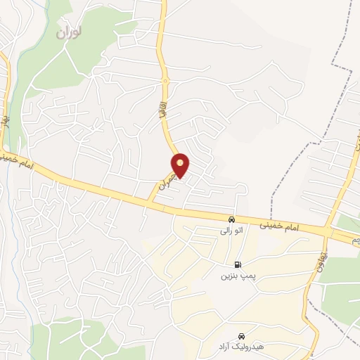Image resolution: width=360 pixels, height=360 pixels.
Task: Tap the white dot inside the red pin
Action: pyautogui.click(x=181, y=163)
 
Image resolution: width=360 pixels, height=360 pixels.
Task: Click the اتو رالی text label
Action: pyautogui.click(x=231, y=230)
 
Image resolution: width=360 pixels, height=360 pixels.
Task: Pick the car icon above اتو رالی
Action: pyautogui.click(x=231, y=219)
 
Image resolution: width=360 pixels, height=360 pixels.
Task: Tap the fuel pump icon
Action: pyautogui.click(x=238, y=264)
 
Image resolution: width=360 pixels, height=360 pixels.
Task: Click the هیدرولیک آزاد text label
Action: pyautogui.click(x=242, y=347)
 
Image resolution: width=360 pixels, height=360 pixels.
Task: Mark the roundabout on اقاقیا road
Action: pyautogui.click(x=165, y=82)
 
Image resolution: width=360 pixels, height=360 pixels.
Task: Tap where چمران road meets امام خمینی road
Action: pyautogui.click(x=152, y=202)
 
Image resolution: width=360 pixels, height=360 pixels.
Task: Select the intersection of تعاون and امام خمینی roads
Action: pyautogui.click(x=327, y=231)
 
